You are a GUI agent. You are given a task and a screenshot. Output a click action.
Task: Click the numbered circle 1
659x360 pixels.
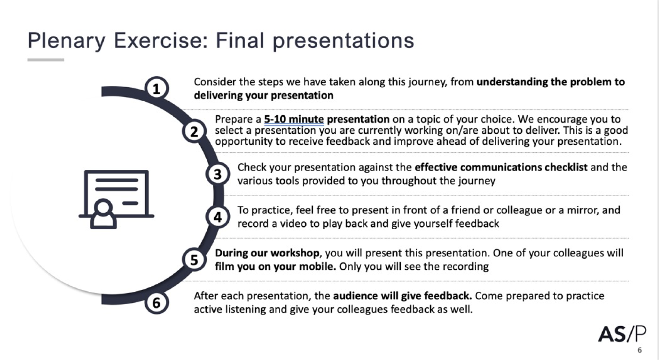point(156,88)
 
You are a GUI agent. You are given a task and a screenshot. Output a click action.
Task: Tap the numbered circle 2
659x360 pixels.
point(194,131)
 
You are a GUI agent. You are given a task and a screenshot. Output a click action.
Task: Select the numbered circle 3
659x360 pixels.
point(218,174)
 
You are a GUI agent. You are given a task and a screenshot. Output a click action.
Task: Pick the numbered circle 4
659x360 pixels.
point(218,217)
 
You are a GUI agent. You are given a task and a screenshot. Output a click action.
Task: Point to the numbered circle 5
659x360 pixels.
point(194,260)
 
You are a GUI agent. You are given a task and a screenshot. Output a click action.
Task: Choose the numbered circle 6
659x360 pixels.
point(156,303)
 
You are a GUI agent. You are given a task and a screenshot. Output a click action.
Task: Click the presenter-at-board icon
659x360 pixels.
point(116,199)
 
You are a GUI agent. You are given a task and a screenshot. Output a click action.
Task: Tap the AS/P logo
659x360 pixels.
point(622,334)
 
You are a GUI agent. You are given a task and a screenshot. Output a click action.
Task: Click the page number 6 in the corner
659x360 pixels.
point(640,350)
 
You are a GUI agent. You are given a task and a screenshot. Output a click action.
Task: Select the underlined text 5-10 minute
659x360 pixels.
point(294,119)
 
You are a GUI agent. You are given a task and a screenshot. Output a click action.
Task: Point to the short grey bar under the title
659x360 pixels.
point(46,60)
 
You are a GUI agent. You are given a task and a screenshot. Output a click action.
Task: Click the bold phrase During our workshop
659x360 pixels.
point(267,253)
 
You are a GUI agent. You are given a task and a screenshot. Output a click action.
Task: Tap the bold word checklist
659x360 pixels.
point(566,167)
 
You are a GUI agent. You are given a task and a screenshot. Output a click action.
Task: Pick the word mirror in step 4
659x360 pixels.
point(582,210)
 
